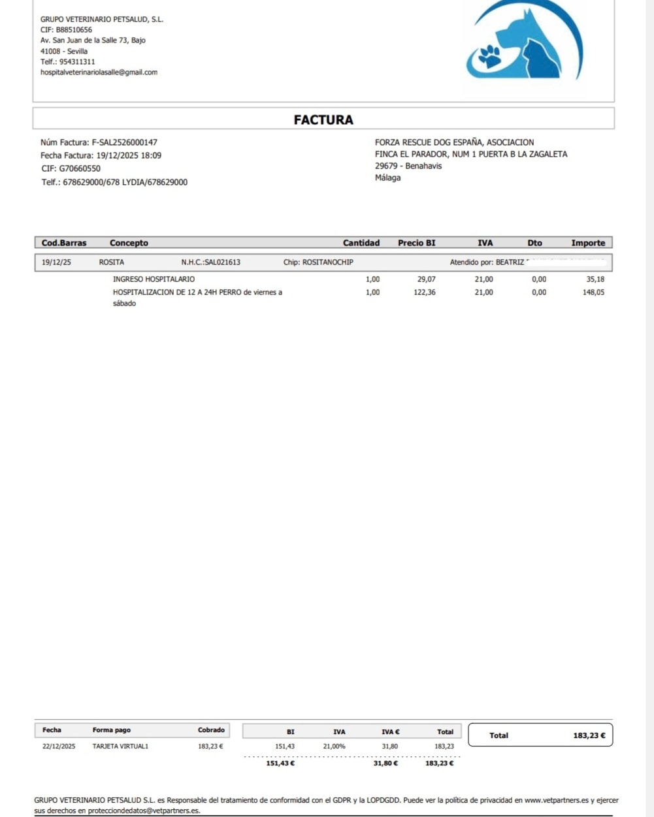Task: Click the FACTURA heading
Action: pyautogui.click(x=323, y=120)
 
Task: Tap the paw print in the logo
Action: pyautogui.click(x=489, y=56)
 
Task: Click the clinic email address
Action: pyautogui.click(x=99, y=72)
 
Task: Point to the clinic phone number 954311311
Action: pyautogui.click(x=76, y=61)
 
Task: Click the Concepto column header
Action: pyautogui.click(x=129, y=243)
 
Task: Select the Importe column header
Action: pyautogui.click(x=588, y=243)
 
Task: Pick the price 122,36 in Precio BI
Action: pyautogui.click(x=425, y=293)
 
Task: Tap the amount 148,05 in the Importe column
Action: pyautogui.click(x=593, y=293)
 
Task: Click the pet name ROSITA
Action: pyautogui.click(x=111, y=263)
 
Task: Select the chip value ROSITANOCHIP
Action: pyautogui.click(x=327, y=263)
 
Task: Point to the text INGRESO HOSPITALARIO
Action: pyautogui.click(x=154, y=280)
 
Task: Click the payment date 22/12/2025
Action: pyautogui.click(x=59, y=746)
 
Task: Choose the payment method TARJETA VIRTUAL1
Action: pyautogui.click(x=120, y=746)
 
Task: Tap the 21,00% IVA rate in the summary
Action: pyautogui.click(x=334, y=746)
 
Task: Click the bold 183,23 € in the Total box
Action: pyautogui.click(x=589, y=735)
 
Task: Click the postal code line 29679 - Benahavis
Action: pyautogui.click(x=408, y=166)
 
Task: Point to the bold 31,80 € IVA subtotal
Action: pyautogui.click(x=385, y=763)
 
